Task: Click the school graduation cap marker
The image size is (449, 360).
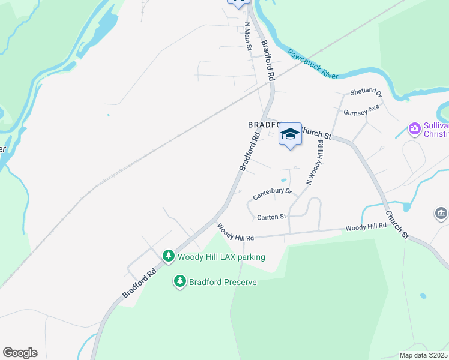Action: click(290, 134)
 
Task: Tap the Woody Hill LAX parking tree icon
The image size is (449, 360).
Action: click(169, 256)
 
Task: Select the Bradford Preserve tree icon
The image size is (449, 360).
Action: click(179, 281)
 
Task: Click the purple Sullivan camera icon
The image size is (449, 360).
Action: click(414, 128)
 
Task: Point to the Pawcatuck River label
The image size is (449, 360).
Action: click(312, 64)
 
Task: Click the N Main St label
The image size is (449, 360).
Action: click(248, 37)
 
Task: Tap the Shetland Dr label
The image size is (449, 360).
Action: click(366, 93)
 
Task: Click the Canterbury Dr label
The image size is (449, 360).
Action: click(272, 193)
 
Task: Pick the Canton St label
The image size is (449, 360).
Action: click(272, 217)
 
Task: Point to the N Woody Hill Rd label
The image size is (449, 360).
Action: click(316, 163)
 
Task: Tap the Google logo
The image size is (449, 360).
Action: click(20, 353)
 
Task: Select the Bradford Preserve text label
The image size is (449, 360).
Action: click(223, 282)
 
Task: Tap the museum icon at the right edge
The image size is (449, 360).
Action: click(441, 214)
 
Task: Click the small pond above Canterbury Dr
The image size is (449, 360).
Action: click(283, 180)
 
